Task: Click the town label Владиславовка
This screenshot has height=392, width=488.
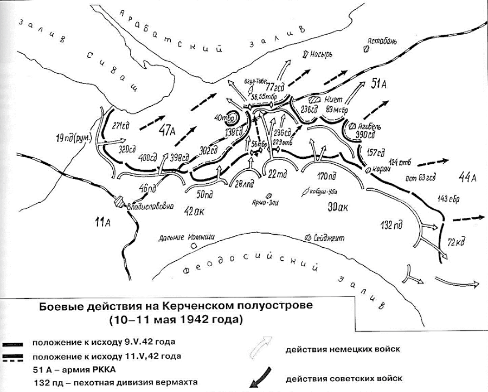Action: point(150,206)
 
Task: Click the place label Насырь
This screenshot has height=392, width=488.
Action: point(321,54)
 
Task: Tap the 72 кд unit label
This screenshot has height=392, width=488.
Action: point(457,240)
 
